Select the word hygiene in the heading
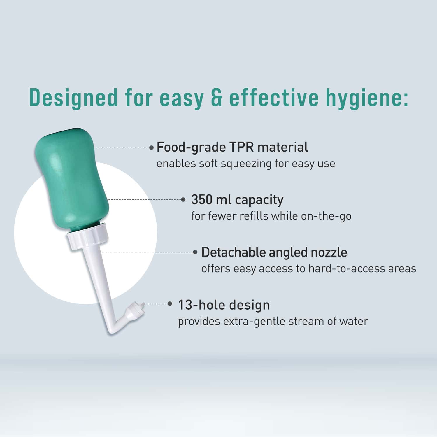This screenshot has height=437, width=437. pos(366,98)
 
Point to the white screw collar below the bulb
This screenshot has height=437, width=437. pos(88,237)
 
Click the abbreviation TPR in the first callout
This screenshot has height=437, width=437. pos(241,147)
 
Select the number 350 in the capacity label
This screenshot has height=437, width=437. pos(201,200)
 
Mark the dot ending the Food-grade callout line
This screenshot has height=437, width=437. pos(151,148)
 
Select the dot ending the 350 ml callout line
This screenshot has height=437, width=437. pos(183,200)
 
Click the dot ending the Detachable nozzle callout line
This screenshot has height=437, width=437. pos(195,252)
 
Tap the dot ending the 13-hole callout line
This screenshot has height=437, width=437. pos(170,304)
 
